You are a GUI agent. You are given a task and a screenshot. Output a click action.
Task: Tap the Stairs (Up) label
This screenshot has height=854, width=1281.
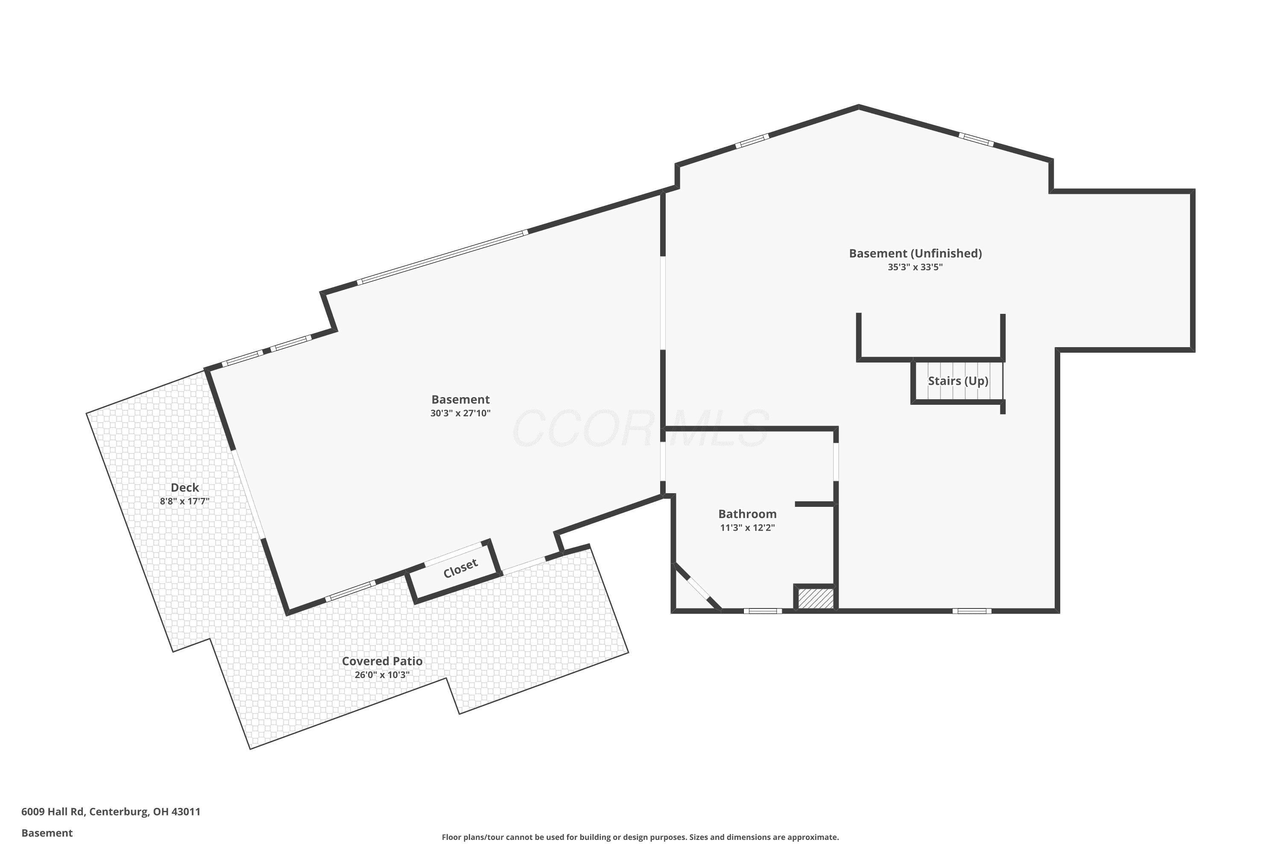pos(958,381)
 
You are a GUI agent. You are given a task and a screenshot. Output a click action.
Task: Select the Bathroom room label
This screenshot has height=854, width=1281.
pos(747,514)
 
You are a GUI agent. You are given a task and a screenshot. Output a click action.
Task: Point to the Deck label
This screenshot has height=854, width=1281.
pos(184,488)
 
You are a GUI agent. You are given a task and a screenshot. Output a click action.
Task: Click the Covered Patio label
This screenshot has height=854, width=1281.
pos(382,661)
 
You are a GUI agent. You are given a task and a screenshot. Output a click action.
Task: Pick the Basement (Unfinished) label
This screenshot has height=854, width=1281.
pos(915,253)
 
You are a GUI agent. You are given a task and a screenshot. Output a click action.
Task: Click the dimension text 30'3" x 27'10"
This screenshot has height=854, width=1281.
pos(460,413)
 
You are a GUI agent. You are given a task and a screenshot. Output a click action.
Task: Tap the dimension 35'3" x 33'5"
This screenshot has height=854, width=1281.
pos(915,267)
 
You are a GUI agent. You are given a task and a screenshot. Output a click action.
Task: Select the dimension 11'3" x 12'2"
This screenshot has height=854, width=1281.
pos(747,527)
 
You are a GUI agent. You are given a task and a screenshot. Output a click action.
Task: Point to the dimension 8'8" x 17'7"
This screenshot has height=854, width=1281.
pos(184,501)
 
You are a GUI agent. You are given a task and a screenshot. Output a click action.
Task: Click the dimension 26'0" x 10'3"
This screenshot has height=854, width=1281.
pos(382,675)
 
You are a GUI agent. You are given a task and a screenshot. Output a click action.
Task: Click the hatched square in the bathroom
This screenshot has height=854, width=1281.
pos(815,599)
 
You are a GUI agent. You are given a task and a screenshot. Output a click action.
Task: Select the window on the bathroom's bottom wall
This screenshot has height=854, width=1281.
pos(763,611)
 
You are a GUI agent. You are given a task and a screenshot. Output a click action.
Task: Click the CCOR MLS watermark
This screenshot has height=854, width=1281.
pos(640,429)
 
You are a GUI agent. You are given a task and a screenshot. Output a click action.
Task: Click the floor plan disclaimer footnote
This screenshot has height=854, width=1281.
pos(640,837)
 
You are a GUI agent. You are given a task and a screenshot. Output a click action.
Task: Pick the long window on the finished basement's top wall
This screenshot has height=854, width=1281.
pos(442,257)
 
